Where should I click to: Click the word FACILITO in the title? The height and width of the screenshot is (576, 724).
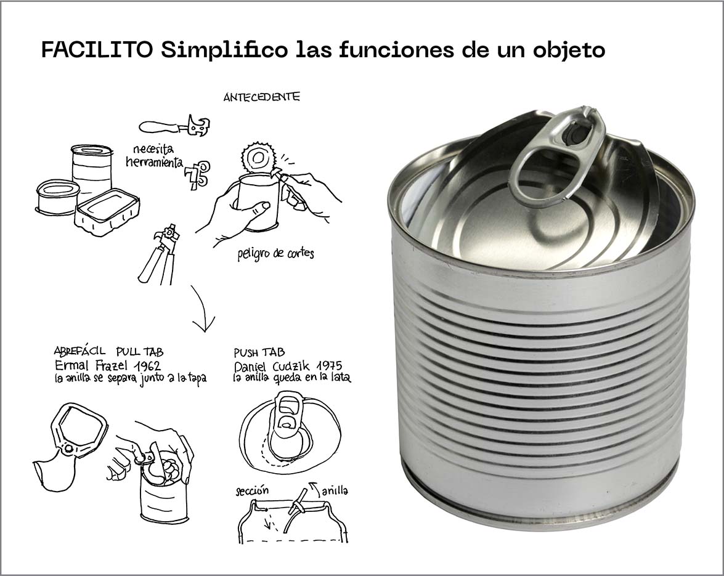(x=97, y=50)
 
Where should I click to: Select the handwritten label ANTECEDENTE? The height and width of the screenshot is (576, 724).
(x=262, y=97)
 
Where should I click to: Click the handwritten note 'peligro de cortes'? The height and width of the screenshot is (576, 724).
(x=275, y=253)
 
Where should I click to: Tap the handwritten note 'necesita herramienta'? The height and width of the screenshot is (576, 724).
(x=155, y=156)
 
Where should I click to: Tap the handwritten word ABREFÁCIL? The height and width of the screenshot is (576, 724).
(x=79, y=351)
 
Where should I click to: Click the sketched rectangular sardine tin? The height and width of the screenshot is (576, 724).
(x=107, y=212)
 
